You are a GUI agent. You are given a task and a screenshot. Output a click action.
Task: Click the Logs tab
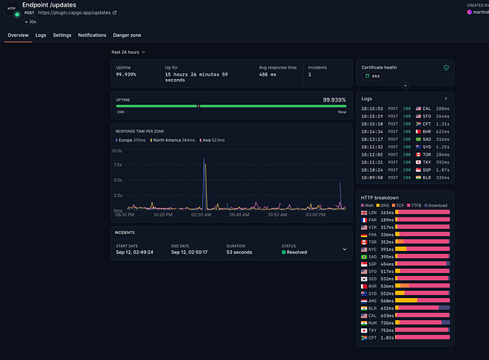pos(41,36)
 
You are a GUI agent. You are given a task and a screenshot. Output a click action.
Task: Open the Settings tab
pos(62,36)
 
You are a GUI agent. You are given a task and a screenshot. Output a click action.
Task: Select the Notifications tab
pos(92,36)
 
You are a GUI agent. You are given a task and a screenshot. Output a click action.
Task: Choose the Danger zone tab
pos(127,36)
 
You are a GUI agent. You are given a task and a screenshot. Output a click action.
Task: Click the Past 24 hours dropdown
pos(129,51)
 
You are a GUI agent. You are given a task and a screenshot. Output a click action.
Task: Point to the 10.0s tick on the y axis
pos(117,151)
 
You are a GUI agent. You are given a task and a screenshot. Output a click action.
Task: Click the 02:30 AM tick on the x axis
pos(202,215)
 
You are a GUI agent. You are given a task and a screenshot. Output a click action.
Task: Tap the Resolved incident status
pos(297,252)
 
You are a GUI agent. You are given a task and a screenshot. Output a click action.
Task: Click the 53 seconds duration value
pos(241,252)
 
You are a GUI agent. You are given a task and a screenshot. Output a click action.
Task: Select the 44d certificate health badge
pos(376,75)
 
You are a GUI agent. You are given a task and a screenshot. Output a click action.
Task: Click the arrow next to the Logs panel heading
pos(445,99)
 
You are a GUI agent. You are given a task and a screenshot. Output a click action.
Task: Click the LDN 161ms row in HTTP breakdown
pos(404,212)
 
